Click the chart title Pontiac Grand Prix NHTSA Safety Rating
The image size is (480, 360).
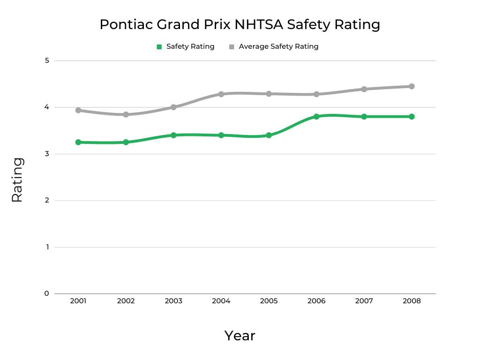[240, 24]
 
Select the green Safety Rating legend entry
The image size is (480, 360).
[185, 46]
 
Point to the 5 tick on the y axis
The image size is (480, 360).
[47, 60]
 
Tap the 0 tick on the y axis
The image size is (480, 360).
[47, 293]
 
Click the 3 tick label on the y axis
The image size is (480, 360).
[47, 154]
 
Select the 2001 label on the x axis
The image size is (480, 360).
[78, 301]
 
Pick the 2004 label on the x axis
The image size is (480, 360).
[221, 301]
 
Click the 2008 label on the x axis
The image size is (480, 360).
[412, 301]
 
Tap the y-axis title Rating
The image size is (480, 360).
[17, 180]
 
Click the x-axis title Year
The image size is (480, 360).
[240, 336]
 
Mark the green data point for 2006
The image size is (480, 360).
[316, 116]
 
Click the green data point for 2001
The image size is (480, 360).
[78, 142]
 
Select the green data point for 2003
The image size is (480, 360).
[173, 135]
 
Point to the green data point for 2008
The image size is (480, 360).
[412, 116]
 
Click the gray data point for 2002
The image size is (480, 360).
[126, 114]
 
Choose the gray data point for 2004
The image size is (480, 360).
[221, 94]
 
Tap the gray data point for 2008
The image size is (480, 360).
[412, 86]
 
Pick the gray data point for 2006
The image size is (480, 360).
[316, 94]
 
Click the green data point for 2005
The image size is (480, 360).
[269, 135]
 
